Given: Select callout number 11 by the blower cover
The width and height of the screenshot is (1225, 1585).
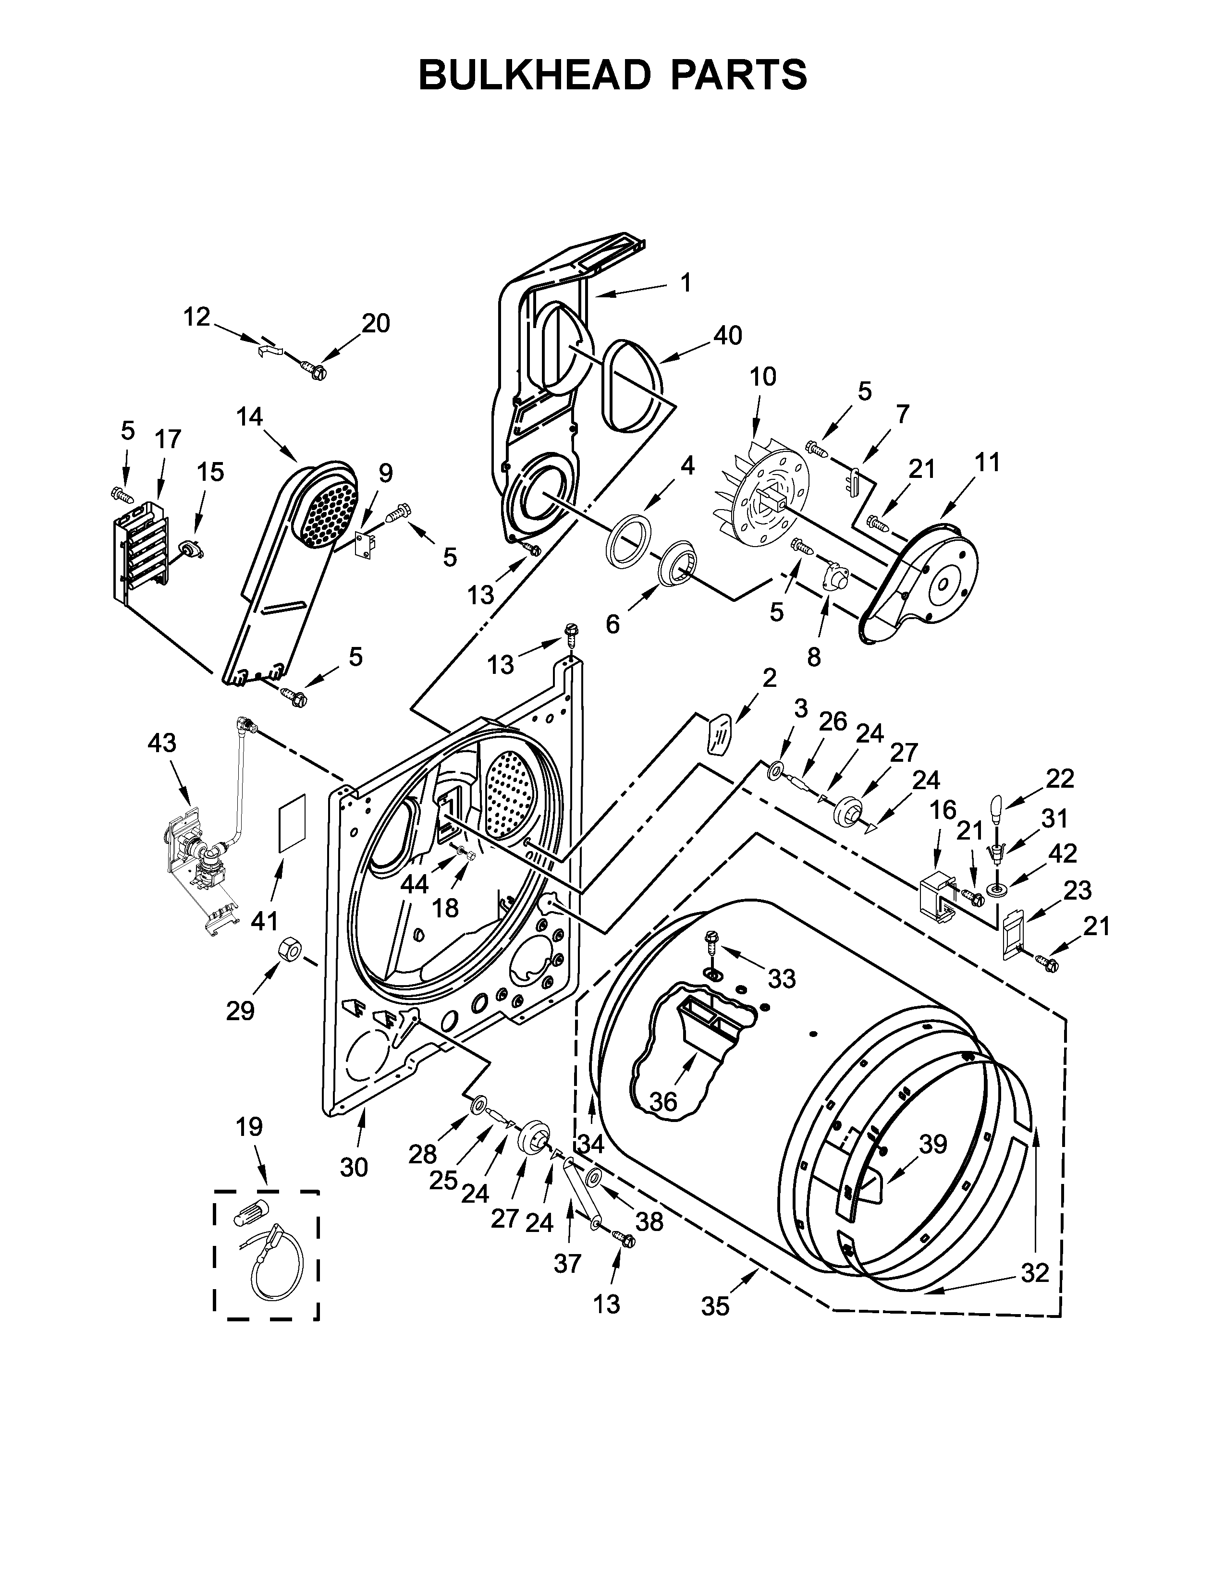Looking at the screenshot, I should (988, 462).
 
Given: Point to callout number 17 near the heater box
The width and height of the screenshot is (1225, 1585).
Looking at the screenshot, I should (168, 439).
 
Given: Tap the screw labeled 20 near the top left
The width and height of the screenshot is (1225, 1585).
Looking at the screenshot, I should (317, 372).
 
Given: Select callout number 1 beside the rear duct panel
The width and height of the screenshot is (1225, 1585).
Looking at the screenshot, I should (685, 282).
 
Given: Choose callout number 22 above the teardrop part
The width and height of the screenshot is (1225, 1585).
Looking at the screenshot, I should (1060, 779).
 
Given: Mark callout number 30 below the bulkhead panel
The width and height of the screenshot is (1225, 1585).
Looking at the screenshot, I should (354, 1167).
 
